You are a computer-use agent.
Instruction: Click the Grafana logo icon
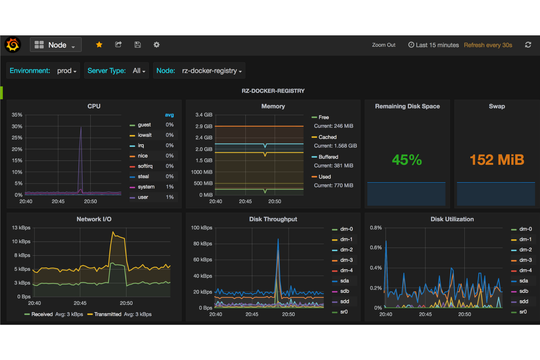tap(13, 45)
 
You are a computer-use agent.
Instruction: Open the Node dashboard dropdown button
tap(55, 45)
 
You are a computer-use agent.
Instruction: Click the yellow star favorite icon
tap(99, 44)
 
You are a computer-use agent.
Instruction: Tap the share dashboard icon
tap(118, 44)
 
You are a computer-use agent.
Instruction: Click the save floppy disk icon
tap(138, 44)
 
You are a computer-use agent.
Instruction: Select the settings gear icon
tap(157, 44)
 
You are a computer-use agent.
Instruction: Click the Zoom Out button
tap(383, 45)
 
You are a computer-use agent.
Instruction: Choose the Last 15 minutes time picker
tap(433, 45)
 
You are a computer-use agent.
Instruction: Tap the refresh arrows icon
tap(528, 45)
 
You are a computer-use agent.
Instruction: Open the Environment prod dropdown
tap(43, 71)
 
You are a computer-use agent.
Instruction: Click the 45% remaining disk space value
tap(407, 160)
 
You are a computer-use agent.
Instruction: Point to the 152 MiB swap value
tap(497, 160)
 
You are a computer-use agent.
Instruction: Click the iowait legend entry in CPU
tap(144, 135)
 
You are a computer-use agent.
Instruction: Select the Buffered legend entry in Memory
tap(328, 157)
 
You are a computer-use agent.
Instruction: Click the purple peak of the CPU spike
tap(81, 127)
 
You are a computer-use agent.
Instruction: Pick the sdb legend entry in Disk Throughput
tap(344, 291)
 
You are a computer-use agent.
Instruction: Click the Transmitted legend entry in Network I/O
tap(107, 314)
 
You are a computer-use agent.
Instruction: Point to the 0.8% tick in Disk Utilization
tap(376, 228)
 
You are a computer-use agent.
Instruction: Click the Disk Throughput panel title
tap(273, 219)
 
